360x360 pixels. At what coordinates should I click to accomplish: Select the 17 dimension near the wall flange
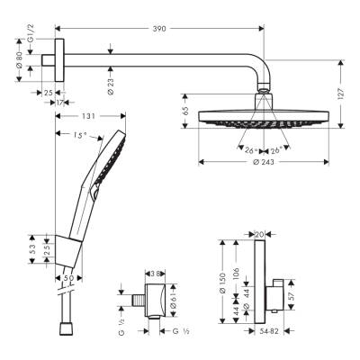(59, 102)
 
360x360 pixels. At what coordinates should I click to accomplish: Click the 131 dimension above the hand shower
(86, 116)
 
